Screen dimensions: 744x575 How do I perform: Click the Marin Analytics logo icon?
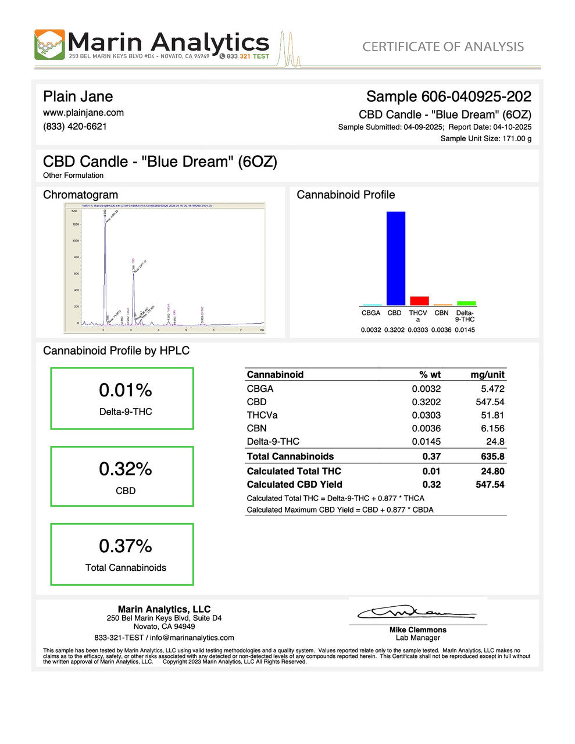49,45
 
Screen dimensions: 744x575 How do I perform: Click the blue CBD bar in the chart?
395,258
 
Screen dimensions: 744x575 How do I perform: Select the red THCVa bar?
419,301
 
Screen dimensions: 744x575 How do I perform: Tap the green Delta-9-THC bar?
466,303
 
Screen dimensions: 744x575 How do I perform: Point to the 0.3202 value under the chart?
394,330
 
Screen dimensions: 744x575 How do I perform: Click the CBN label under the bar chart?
441,313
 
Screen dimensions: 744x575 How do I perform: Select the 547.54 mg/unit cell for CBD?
490,402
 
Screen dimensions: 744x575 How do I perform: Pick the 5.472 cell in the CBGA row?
492,389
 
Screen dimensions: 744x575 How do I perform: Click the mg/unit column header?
487,375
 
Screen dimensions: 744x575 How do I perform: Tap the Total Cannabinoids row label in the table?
290,456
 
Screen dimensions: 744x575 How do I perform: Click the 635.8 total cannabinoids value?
492,456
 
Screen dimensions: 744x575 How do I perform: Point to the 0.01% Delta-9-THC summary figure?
125,390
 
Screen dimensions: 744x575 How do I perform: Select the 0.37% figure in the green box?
125,546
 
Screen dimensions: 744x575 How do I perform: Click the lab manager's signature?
416,613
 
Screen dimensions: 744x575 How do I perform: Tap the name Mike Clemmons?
417,630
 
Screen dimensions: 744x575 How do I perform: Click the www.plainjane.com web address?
83,113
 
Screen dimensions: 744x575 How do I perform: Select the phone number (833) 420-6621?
75,127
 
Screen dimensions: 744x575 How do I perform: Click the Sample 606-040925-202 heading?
448,96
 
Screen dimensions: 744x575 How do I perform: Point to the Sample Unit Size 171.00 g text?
485,138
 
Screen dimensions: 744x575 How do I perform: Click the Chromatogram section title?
80,195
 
